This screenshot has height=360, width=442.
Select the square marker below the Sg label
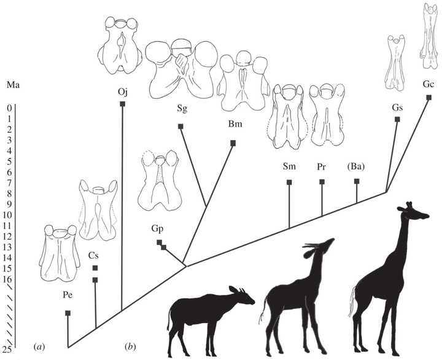pyautogui.click(x=181, y=126)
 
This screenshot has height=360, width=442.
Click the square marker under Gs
pyautogui.click(x=397, y=119)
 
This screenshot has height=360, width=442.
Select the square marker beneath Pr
pyautogui.click(x=322, y=181)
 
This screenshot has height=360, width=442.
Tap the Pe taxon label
pyautogui.click(x=68, y=295)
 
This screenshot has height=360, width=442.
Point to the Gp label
pyautogui.click(x=157, y=227)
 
